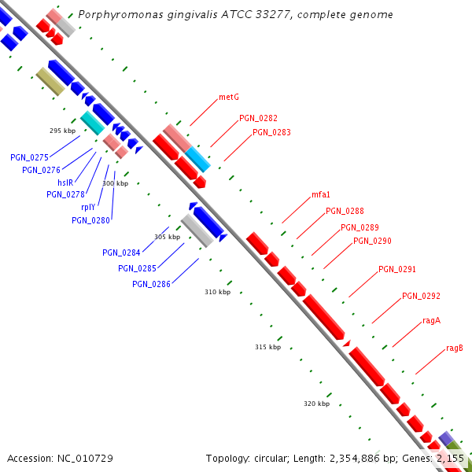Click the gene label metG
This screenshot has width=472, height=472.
pos(228,98)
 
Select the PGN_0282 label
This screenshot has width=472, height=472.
pos(258,118)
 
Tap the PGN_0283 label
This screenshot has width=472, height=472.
pos(271,132)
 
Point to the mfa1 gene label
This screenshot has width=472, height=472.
pos(320,194)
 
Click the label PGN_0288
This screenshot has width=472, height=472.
pos(345,211)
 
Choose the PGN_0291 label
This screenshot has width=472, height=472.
pos(397,269)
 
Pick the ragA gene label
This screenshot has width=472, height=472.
pos(431,320)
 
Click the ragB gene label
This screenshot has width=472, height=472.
pos(454,348)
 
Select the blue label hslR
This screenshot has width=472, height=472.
pos(65,183)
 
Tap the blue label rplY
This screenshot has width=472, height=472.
pos(88,208)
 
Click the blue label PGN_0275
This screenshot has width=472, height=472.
pos(30,157)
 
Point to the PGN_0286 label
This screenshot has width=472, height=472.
pos(151,284)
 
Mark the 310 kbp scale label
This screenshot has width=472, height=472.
pos(217,292)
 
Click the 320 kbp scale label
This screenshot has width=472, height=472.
pos(316,404)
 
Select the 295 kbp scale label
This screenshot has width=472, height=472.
pos(62,131)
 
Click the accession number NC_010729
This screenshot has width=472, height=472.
pos(86,458)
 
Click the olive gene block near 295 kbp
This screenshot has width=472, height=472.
pos(50,82)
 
